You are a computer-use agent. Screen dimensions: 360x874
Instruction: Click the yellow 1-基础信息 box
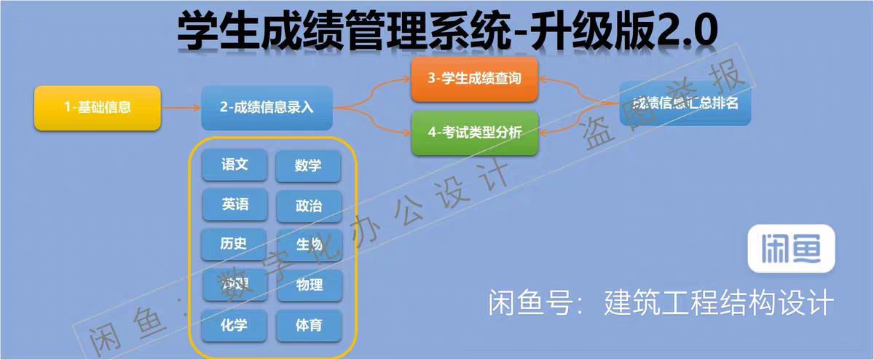click(98, 108)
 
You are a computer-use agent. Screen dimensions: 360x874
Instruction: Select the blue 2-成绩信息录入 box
click(267, 108)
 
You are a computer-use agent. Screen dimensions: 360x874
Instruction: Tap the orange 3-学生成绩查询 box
click(474, 78)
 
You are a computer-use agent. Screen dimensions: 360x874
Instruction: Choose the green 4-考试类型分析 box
click(474, 133)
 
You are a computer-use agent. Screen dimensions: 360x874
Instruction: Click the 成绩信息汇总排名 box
click(684, 103)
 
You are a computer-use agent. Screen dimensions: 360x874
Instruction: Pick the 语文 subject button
click(235, 165)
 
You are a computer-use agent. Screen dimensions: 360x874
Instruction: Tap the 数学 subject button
click(308, 166)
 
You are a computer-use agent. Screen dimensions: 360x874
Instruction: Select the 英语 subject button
click(235, 205)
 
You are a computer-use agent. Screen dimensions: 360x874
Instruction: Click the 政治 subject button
click(308, 206)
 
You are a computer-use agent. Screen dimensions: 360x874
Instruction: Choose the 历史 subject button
click(235, 244)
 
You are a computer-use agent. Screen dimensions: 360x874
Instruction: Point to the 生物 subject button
click(308, 246)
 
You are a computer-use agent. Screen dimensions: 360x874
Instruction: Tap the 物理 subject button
click(309, 285)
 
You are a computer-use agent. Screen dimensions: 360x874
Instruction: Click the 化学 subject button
click(234, 325)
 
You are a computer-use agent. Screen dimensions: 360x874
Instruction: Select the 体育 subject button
click(309, 325)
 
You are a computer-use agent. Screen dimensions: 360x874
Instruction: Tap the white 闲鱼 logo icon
click(791, 249)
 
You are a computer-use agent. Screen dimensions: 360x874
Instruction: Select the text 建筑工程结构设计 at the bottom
click(717, 302)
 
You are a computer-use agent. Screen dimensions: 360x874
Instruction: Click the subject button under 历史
click(235, 284)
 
